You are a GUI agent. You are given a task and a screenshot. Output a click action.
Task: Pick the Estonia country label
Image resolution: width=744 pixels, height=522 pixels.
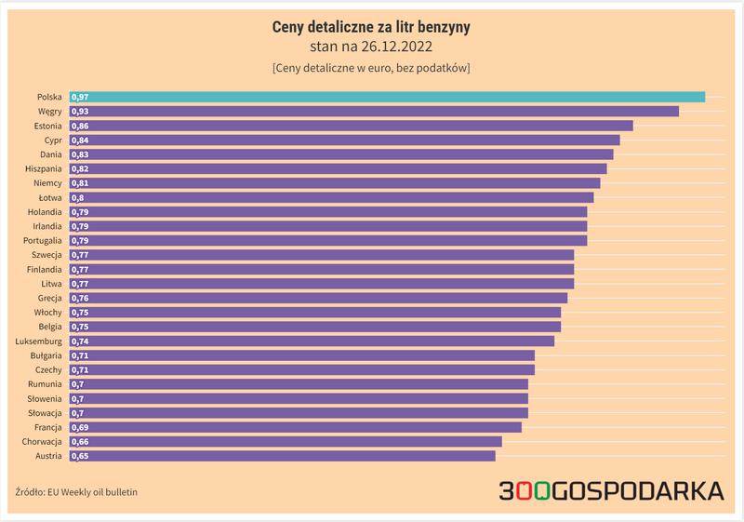click(46, 126)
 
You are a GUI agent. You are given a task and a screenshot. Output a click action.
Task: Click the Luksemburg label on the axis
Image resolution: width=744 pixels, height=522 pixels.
click(38, 341)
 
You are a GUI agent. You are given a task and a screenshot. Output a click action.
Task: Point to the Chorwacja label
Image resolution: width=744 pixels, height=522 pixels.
click(42, 442)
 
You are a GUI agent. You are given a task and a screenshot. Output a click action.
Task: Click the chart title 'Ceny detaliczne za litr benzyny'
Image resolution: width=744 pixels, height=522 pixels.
click(370, 28)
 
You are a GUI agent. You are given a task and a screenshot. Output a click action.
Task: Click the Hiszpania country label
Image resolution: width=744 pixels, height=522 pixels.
click(44, 168)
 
